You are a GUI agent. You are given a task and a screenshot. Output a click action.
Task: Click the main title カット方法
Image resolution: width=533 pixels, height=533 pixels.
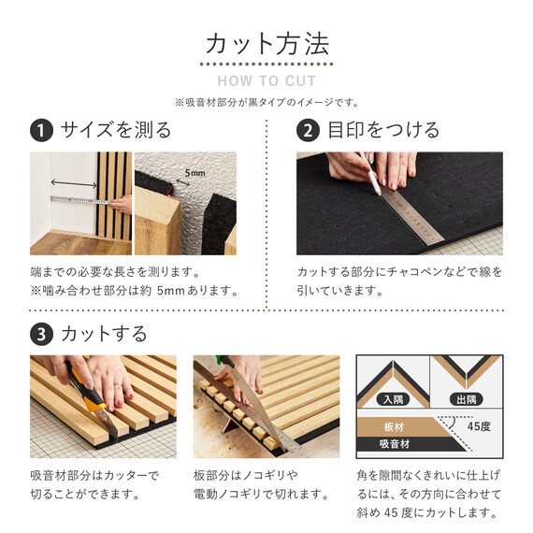click(x=267, y=44)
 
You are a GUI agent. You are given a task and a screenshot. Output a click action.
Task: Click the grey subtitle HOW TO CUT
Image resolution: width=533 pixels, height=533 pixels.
click(x=266, y=81)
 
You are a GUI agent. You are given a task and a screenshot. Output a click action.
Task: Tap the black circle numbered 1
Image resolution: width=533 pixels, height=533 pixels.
click(x=41, y=131)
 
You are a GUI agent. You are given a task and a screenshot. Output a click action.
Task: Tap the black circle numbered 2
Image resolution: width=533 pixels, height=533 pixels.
click(x=308, y=131)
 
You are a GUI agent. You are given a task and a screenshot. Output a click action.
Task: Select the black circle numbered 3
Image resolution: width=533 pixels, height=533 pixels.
click(x=41, y=335)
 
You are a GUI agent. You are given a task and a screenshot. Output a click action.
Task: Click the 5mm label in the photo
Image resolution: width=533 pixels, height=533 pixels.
click(x=195, y=173)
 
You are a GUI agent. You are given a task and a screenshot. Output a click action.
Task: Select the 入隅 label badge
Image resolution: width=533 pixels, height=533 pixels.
click(x=394, y=399)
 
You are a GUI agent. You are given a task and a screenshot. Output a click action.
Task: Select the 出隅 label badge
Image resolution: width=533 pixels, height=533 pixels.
click(x=467, y=399)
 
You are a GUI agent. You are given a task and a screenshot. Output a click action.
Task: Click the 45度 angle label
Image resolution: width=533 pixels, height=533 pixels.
click(x=479, y=426)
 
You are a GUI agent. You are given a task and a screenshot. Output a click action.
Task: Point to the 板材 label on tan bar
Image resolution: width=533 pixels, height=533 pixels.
click(x=394, y=427)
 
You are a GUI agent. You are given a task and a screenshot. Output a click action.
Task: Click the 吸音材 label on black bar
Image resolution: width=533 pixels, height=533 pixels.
click(x=395, y=444)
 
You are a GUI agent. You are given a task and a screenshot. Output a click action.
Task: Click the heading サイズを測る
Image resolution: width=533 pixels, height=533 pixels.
click(x=116, y=130)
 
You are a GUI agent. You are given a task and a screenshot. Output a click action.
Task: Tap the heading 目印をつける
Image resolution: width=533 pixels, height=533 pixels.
click(x=383, y=130)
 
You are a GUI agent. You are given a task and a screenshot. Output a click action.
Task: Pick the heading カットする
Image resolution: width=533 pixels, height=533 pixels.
click(x=104, y=334)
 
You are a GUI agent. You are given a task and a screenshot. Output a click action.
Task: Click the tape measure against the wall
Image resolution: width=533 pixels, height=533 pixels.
click(x=80, y=200)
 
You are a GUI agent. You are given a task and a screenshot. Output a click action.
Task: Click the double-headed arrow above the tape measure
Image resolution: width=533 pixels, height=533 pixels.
click(x=74, y=183)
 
